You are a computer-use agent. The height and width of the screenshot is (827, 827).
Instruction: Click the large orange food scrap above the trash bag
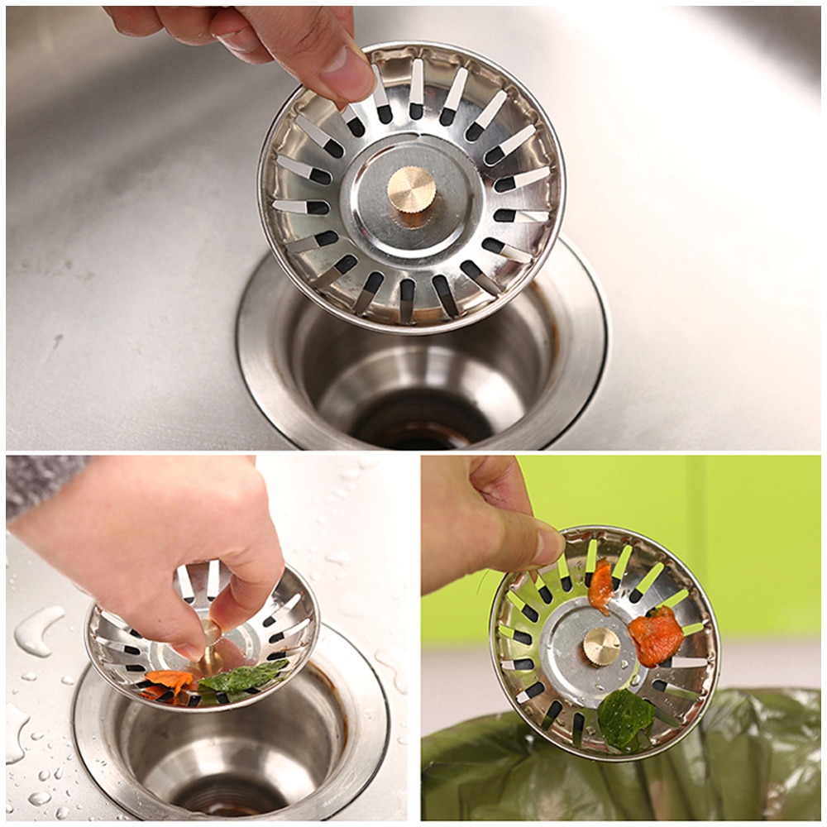[x=656, y=635]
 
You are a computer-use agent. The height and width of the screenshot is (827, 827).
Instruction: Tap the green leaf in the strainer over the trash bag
[x=624, y=717]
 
